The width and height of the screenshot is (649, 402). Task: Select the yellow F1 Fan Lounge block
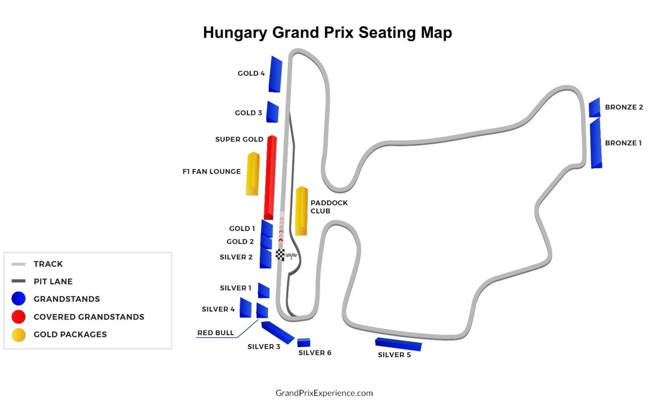253,173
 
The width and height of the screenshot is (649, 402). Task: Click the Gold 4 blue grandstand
275,74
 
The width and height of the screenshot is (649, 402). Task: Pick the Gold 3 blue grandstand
272,112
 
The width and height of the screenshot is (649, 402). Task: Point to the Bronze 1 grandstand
596,144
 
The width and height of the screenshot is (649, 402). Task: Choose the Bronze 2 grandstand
594,108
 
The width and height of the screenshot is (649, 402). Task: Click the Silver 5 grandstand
398,344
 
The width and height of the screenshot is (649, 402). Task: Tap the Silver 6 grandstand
303,342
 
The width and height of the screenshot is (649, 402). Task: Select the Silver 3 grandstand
277,332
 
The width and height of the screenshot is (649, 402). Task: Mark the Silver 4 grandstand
245,308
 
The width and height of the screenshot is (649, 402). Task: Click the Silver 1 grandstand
264,290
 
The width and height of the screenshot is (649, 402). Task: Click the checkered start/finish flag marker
280,255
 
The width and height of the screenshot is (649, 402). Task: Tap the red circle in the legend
19,317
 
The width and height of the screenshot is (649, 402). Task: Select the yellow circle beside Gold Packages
19,334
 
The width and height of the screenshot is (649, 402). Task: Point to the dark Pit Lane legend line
19,281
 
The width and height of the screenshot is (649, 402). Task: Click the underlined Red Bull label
215,333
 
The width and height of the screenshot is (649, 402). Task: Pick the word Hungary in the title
235,33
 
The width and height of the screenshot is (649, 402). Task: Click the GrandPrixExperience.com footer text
324,393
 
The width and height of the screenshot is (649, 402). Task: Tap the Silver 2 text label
236,257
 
